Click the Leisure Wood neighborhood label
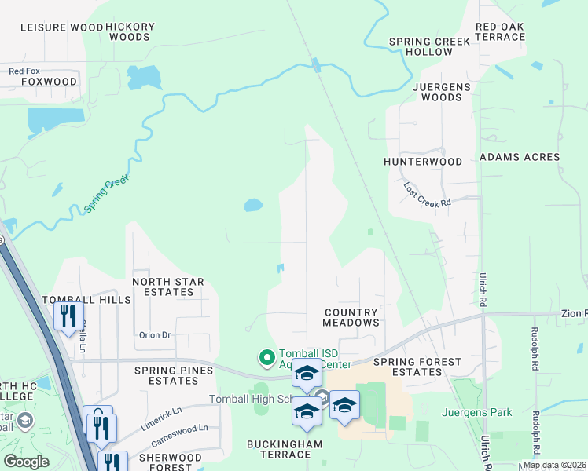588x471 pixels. click(61, 27)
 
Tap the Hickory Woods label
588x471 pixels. click(130, 31)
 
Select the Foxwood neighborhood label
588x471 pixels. click(49, 82)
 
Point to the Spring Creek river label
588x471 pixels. click(107, 194)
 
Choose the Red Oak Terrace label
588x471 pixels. click(499, 31)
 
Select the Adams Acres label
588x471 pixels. click(520, 157)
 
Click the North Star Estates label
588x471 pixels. click(168, 287)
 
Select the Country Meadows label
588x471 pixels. click(351, 317)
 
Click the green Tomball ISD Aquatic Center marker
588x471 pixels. click(266, 358)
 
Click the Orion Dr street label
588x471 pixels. click(155, 334)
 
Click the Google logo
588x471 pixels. click(27, 462)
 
